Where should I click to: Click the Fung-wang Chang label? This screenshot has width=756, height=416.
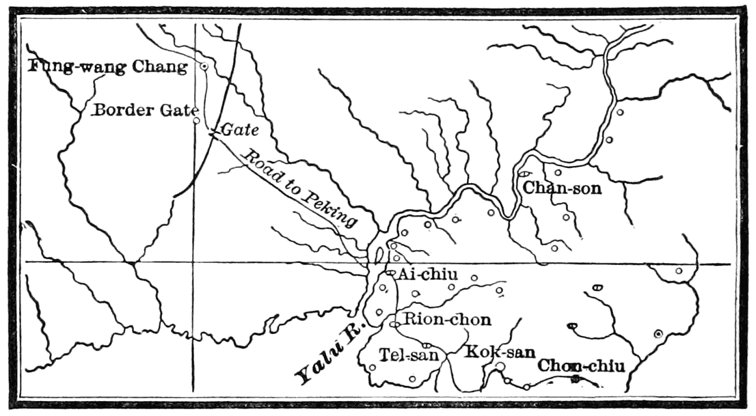[x=108, y=67]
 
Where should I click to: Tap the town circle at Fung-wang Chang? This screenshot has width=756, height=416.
[x=204, y=66]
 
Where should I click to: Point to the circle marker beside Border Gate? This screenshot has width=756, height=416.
[x=197, y=120]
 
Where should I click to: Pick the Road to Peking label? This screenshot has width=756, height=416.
[x=301, y=188]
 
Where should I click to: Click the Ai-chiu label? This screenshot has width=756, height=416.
[x=428, y=275]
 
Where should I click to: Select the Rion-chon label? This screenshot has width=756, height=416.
[x=447, y=318]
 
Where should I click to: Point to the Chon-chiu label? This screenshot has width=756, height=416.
[x=582, y=365]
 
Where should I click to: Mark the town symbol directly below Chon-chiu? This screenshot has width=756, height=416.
[x=576, y=378]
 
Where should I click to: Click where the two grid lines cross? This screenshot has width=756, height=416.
[x=193, y=262]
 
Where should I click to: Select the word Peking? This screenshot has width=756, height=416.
[x=332, y=208]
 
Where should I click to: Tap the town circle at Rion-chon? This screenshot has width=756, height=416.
[x=394, y=324]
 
